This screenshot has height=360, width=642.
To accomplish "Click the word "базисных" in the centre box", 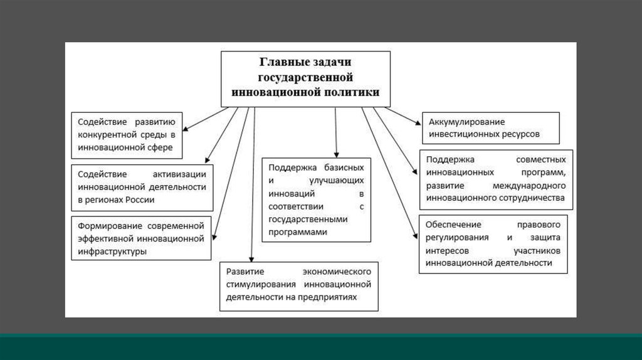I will pos(344,168).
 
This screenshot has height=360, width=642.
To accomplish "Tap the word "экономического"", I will pos(337,272).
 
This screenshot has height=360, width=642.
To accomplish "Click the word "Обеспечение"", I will pos(453,225).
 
